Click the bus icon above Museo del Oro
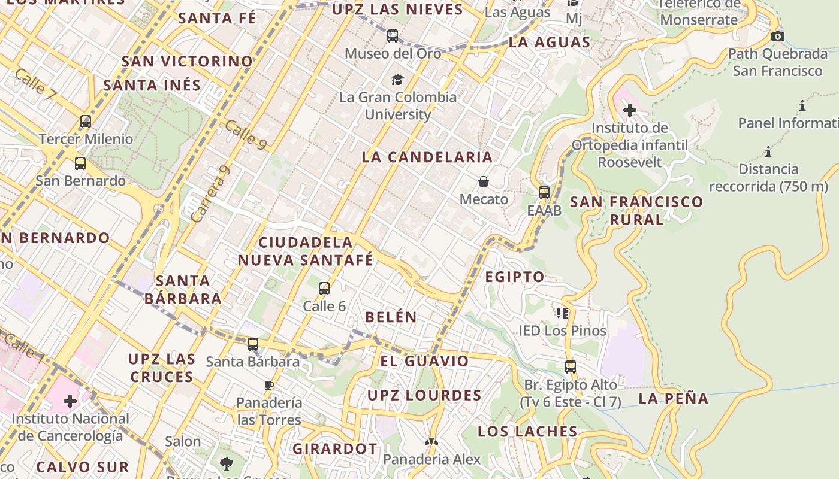393,36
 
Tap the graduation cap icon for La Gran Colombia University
397,80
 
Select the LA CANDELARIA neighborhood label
427,157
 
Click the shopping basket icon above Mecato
484,181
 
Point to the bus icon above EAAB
544,193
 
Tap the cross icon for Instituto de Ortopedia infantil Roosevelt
629,110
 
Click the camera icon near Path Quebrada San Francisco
778,37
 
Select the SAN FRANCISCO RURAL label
636,210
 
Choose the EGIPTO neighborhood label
514,277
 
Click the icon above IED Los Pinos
562,313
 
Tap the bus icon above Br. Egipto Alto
571,366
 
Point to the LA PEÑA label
673,399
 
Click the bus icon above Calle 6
324,289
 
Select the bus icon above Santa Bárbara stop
253,344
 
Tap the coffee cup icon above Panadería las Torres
269,385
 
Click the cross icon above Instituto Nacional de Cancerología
70,401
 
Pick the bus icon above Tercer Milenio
86,122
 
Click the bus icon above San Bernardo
80,163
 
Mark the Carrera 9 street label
210,194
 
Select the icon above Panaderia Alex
431,442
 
